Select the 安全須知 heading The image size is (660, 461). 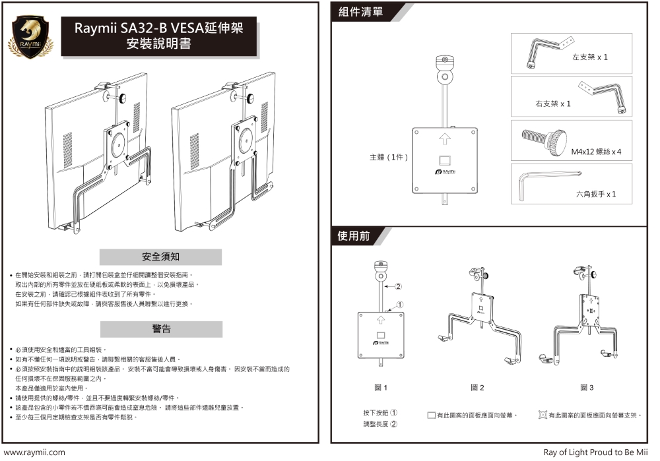160,256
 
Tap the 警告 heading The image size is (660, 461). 161,328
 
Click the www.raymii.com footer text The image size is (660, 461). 34,452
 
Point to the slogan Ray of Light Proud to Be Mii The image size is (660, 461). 595,452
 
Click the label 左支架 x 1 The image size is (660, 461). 589,57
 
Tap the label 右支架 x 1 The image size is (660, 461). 552,104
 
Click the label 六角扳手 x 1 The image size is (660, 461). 595,195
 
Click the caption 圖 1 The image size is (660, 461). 381,388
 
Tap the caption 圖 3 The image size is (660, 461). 587,388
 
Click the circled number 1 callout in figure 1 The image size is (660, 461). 401,305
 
